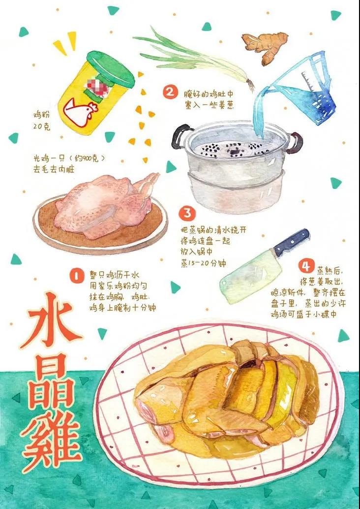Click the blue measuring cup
point(305,89)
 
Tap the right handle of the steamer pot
point(294,143)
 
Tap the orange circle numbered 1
point(77,276)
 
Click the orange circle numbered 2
point(170,92)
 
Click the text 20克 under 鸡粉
point(41,127)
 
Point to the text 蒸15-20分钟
point(203,263)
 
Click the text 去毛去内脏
point(54,169)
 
